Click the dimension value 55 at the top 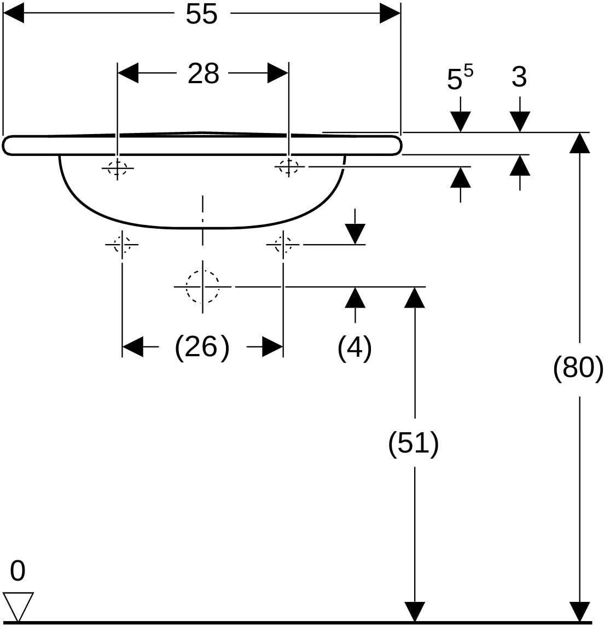[x=201, y=14]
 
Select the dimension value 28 [x=203, y=73]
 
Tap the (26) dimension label [x=202, y=347]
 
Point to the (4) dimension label [x=355, y=347]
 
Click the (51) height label [x=414, y=443]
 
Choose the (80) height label [x=578, y=367]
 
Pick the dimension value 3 [x=519, y=77]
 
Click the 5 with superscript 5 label [x=460, y=77]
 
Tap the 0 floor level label [x=18, y=571]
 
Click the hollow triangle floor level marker [x=18, y=607]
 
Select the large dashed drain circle [x=202, y=286]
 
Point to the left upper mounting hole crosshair [x=117, y=168]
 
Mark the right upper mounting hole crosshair [x=289, y=166]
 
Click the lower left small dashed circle [x=122, y=245]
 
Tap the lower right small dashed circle [x=283, y=245]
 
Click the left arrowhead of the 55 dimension [x=13, y=13]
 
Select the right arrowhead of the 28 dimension [x=278, y=73]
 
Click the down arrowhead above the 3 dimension [x=520, y=122]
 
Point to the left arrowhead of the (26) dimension [x=132, y=346]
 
